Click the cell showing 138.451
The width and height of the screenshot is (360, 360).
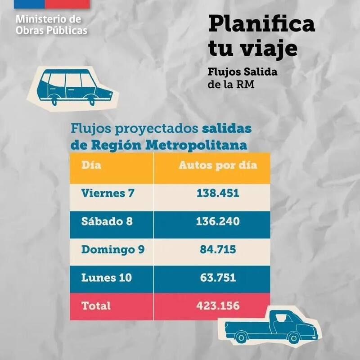click(x=217, y=193)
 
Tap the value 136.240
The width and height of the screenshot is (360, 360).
click(x=217, y=221)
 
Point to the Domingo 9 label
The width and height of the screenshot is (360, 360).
click(x=112, y=250)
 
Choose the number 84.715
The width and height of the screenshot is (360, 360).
click(x=217, y=250)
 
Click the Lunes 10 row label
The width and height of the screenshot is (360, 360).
click(x=107, y=278)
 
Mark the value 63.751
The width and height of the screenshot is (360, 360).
click(x=217, y=278)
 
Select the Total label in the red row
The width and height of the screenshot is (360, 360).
click(x=96, y=306)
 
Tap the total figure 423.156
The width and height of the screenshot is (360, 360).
click(x=217, y=306)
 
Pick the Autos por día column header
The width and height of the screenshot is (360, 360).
click(x=218, y=165)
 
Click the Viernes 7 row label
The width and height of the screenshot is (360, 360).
click(x=108, y=193)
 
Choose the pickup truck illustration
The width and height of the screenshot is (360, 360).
click(x=270, y=326)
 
